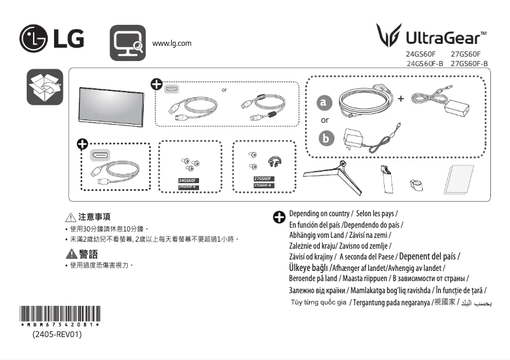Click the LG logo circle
click(33, 39)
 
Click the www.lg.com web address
click(172, 43)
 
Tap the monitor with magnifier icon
click(128, 43)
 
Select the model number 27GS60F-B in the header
click(469, 64)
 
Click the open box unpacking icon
click(45, 87)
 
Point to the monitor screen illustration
click(108, 102)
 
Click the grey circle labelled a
click(325, 102)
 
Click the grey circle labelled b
click(325, 138)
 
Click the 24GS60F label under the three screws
click(189, 181)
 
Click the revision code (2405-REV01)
click(57, 334)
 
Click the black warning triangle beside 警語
click(71, 254)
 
